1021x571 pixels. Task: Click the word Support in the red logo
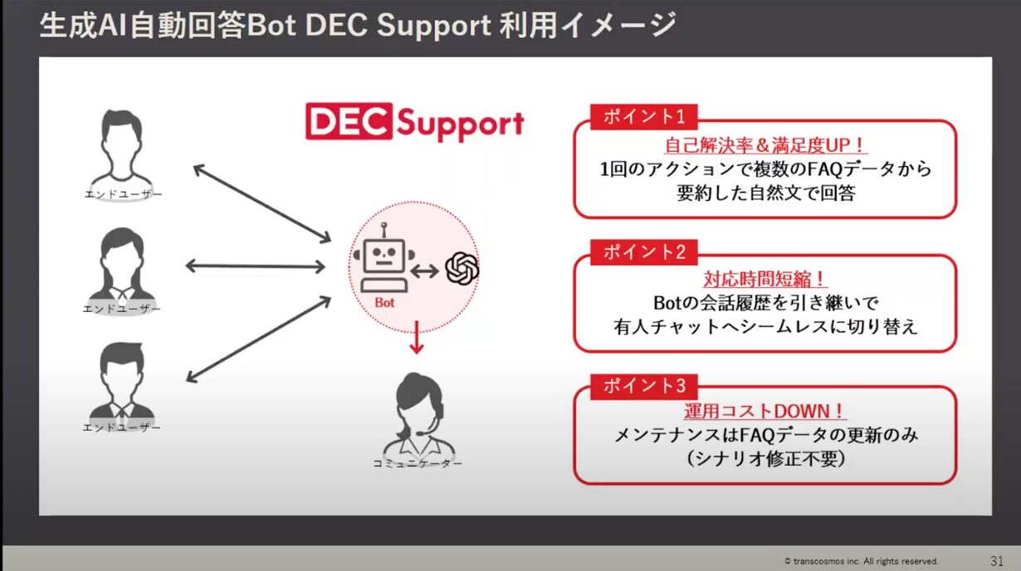click(x=459, y=124)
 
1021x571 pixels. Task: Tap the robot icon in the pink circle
click(x=384, y=258)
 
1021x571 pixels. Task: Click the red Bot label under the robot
click(x=384, y=303)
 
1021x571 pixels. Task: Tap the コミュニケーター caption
click(x=417, y=463)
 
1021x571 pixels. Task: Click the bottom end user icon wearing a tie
click(x=122, y=381)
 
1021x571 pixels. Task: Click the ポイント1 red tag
click(x=643, y=116)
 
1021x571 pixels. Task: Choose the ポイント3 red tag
click(x=643, y=386)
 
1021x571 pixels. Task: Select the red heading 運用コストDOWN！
click(x=765, y=411)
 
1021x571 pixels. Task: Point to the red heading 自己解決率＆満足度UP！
click(x=765, y=145)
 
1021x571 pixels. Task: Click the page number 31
click(x=997, y=560)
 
